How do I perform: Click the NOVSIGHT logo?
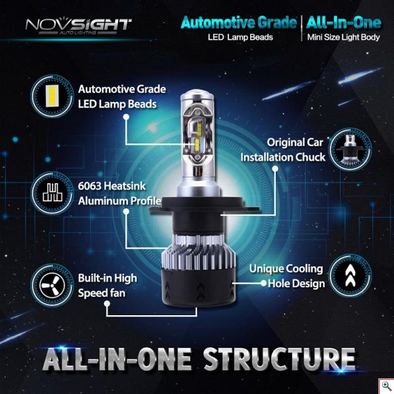tap(78, 26)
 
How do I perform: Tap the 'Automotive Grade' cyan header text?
tap(238, 23)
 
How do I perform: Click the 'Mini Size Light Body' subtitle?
tap(343, 38)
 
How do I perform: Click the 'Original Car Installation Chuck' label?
tap(283, 149)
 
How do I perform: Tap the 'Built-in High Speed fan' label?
tap(108, 285)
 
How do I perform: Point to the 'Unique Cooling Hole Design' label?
tap(286, 276)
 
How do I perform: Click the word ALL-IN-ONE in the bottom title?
tap(118, 361)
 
